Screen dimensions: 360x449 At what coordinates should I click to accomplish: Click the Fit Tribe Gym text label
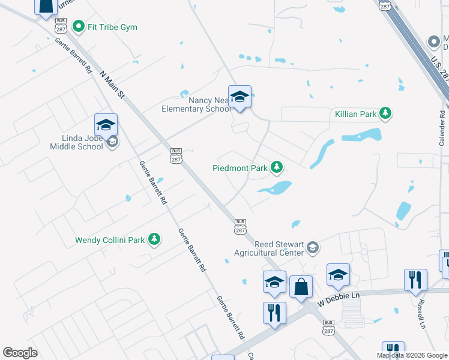click(112, 27)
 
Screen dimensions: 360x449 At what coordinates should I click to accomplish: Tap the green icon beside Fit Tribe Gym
click(78, 26)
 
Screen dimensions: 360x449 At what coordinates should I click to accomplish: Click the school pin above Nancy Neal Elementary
click(240, 97)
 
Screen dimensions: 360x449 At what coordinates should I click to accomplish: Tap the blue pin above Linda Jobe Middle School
click(106, 125)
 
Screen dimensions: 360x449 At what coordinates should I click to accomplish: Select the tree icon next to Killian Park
click(386, 113)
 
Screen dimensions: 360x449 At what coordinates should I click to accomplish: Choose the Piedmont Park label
click(240, 168)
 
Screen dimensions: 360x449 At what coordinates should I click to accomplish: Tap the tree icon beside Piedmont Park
click(276, 167)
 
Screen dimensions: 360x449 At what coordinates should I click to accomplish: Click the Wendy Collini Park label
click(110, 240)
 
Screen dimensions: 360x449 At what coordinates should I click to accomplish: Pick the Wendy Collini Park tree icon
click(154, 239)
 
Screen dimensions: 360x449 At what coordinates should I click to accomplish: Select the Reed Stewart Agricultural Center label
click(270, 248)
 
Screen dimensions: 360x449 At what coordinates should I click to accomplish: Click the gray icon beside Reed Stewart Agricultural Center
click(312, 247)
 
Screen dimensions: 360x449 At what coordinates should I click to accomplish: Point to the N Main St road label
click(112, 84)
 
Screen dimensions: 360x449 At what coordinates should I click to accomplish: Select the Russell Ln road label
click(422, 314)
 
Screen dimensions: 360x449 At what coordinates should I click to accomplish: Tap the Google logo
click(20, 353)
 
